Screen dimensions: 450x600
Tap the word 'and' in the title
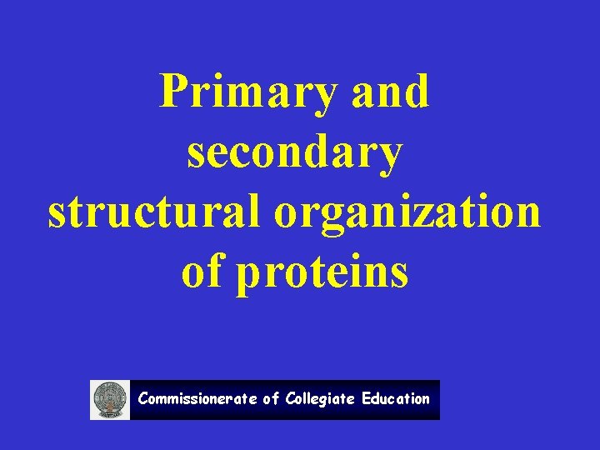(x=391, y=92)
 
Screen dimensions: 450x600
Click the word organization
(x=407, y=213)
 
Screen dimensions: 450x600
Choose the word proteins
(x=322, y=273)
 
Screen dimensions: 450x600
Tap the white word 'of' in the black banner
(x=271, y=399)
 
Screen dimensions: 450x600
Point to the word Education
(x=396, y=399)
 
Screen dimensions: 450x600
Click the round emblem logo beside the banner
(x=110, y=400)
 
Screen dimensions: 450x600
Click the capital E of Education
(x=366, y=399)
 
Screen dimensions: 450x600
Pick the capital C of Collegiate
(x=290, y=399)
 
